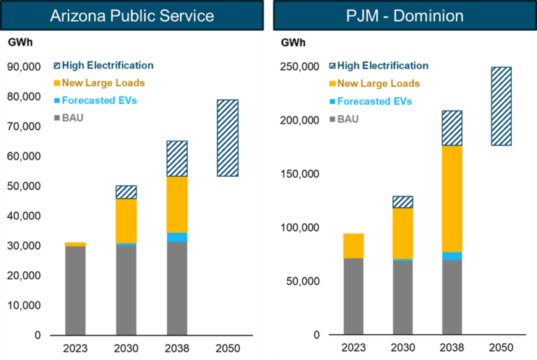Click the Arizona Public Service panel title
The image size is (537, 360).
pyautogui.click(x=132, y=15)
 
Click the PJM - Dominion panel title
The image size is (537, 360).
pyautogui.click(x=404, y=15)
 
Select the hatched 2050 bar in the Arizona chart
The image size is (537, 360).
pyautogui.click(x=227, y=138)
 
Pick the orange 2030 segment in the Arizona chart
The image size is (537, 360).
pyautogui.click(x=126, y=221)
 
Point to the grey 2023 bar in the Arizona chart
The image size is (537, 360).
pyautogui.click(x=75, y=290)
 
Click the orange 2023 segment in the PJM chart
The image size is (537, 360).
pyautogui.click(x=353, y=246)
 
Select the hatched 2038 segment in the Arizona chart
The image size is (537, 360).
pyautogui.click(x=176, y=159)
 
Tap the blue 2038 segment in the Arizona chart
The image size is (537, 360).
pyautogui.click(x=176, y=237)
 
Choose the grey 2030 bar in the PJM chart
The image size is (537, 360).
pyautogui.click(x=402, y=297)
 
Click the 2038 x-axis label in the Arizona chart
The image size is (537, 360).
pyautogui.click(x=176, y=347)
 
